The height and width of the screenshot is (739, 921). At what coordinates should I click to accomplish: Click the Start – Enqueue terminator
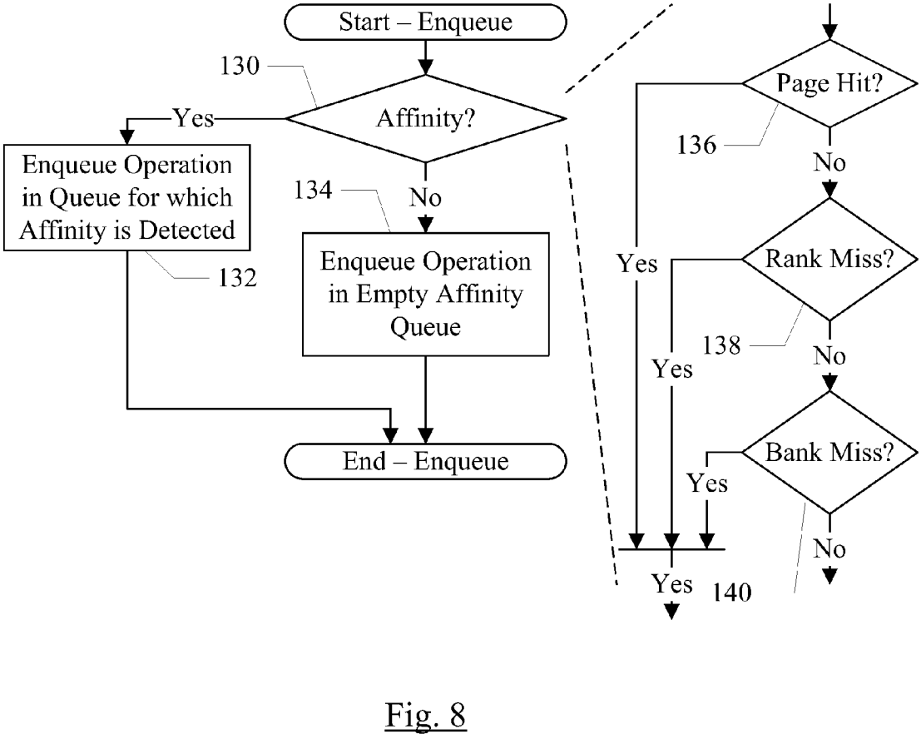point(424,22)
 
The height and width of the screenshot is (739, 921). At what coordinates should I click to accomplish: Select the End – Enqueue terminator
point(424,459)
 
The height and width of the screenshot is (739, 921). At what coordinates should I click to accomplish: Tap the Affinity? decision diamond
point(424,120)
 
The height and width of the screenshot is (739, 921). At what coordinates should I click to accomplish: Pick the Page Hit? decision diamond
point(829,82)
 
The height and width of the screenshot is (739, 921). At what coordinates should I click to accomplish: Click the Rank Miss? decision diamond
point(829,260)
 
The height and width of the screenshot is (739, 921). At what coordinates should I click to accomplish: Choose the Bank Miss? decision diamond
point(829,454)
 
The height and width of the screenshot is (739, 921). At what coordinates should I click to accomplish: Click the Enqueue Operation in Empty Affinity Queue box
point(425,295)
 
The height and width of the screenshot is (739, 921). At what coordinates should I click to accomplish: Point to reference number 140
point(731,593)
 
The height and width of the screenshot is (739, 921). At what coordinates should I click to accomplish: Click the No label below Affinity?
point(425,198)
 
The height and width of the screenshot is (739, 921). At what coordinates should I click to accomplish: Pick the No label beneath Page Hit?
point(829,161)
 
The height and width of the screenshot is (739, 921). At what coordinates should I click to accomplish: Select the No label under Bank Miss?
point(829,548)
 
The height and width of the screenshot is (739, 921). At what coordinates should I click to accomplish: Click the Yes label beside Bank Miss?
point(706,482)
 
